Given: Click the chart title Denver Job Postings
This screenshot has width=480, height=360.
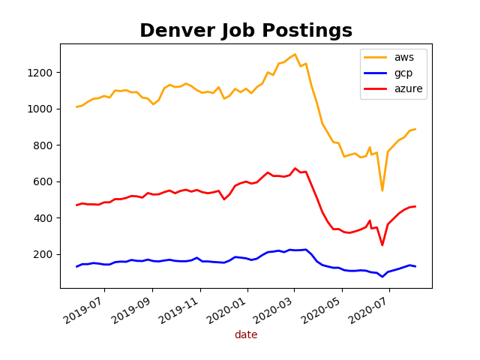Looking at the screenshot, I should (x=246, y=31).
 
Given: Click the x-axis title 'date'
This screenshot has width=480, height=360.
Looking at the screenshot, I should (x=246, y=335).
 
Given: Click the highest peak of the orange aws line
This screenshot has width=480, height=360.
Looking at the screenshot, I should (x=295, y=54).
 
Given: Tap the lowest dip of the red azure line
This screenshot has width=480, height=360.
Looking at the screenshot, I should (x=382, y=245).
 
